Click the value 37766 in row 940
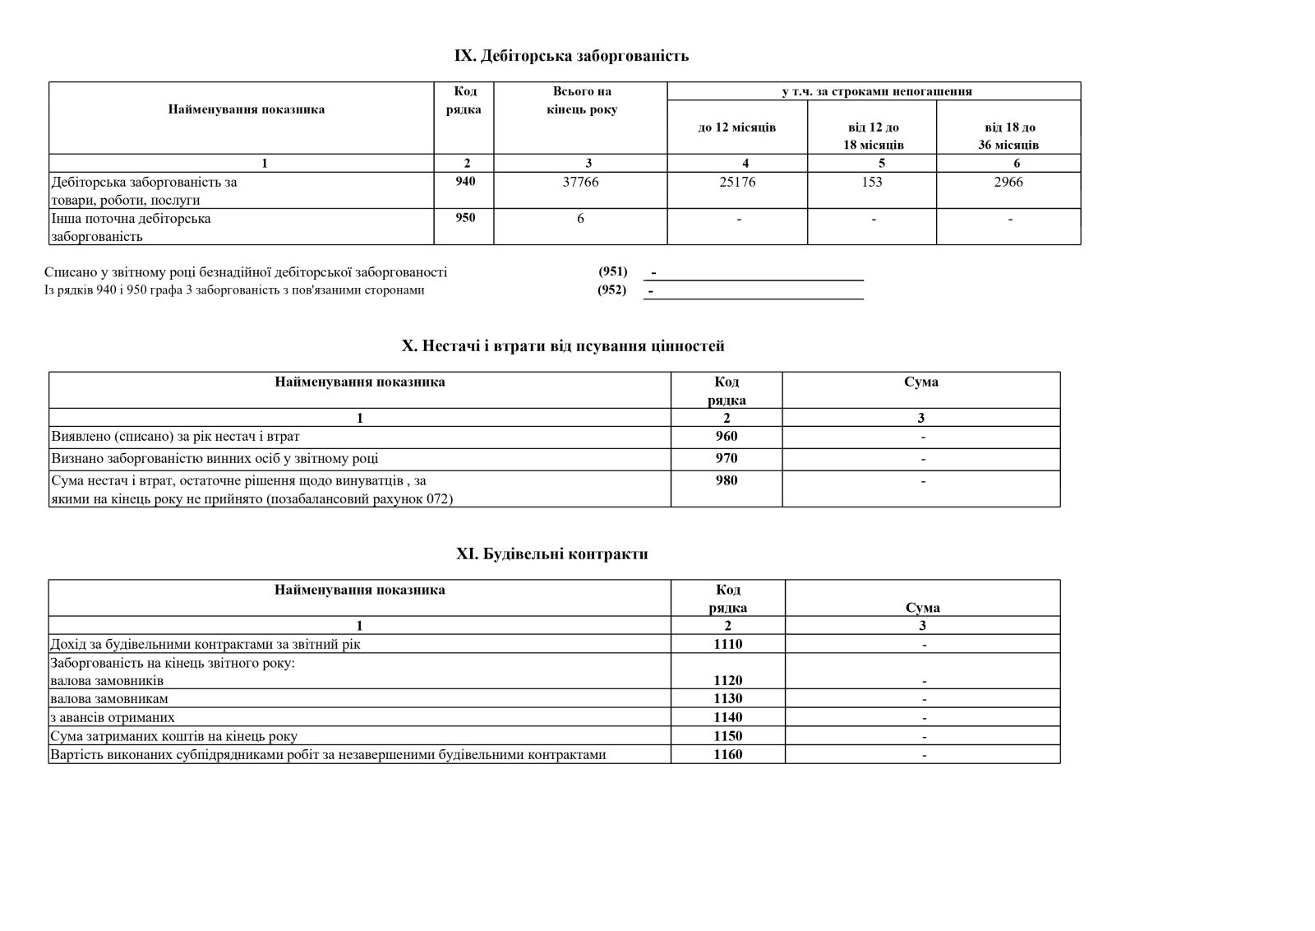580,183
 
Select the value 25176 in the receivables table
737,183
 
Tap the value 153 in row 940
872,183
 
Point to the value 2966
1008,183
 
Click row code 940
465,182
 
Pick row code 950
465,218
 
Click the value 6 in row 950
580,219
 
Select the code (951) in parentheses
612,272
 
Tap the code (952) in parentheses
611,289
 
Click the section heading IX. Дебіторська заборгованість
571,56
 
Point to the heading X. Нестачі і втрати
563,346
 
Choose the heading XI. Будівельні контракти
552,554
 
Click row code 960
727,437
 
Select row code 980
727,480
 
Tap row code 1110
727,644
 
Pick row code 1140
727,717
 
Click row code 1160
727,754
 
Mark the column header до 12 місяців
737,127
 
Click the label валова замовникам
109,699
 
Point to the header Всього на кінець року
581,100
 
